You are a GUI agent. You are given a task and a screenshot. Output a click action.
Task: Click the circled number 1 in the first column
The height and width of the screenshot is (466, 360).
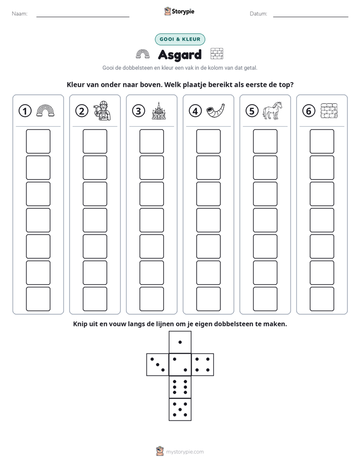pos(25,111)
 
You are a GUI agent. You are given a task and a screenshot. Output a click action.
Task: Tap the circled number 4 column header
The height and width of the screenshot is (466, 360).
pos(195,111)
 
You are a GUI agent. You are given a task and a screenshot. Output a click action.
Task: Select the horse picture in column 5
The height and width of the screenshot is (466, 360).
pos(272,110)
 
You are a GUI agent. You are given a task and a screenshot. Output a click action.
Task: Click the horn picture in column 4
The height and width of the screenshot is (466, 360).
pos(215,110)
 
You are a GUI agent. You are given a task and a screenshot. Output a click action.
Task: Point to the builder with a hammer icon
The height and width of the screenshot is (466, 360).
pos(102,110)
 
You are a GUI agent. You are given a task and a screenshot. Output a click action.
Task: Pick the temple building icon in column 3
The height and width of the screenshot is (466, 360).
pos(159,110)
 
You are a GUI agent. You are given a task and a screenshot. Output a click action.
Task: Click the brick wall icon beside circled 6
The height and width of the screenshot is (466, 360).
pos(329,110)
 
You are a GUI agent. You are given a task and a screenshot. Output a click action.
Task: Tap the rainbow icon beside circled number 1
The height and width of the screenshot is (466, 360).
pos(45,110)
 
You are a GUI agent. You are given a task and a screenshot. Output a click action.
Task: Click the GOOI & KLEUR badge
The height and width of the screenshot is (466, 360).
pos(180,39)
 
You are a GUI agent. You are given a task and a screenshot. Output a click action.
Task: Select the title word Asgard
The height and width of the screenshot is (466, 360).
pos(179,54)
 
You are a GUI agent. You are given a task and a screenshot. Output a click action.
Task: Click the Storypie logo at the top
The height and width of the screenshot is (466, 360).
pos(179,11)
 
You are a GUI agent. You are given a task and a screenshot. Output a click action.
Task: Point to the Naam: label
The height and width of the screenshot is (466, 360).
pos(20,14)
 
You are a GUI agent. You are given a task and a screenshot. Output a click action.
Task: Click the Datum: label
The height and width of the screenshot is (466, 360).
pos(259,14)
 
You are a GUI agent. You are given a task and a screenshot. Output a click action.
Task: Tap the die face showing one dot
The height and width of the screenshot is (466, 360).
pos(180,342)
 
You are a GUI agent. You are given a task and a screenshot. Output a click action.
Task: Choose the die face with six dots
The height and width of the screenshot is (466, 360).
pos(180,387)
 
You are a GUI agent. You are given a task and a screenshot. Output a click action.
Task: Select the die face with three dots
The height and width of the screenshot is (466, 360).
pos(158,365)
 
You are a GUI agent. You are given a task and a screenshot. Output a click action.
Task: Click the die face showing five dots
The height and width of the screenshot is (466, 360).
pos(180,410)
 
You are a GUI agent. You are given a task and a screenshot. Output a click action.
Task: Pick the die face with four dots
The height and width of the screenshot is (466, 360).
pos(203,365)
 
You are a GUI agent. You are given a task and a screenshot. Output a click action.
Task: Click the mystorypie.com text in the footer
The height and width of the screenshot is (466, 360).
pos(185,452)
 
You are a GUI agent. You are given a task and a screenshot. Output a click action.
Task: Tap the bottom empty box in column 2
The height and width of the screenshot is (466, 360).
pos(95,299)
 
